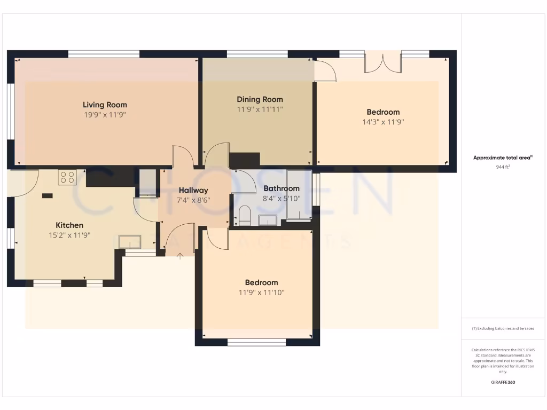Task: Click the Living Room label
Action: [105, 105]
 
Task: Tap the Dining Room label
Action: [260, 99]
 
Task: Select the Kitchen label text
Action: [69, 225]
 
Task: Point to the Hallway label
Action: [193, 190]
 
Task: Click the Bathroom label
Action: [282, 188]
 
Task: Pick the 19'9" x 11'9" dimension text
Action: [105, 115]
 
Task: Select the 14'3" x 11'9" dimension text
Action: [383, 122]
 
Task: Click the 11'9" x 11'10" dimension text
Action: [262, 293]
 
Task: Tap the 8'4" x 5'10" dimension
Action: [282, 199]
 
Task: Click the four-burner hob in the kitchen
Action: [68, 177]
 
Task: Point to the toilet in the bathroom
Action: [245, 215]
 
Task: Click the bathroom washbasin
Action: [268, 219]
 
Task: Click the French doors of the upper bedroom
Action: [382, 61]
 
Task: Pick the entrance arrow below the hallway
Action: [179, 256]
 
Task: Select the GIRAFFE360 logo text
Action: [503, 382]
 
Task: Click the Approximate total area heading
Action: [503, 157]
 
